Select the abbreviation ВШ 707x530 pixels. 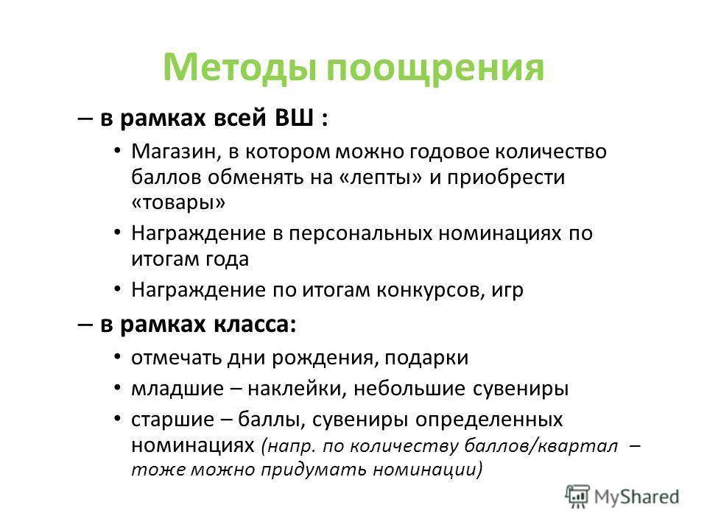(x=294, y=119)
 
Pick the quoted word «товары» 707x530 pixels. (x=178, y=202)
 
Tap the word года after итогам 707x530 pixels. (x=228, y=260)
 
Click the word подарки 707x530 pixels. (x=426, y=358)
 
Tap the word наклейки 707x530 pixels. (x=297, y=389)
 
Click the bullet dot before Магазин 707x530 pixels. (x=118, y=150)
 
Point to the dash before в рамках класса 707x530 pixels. (x=85, y=325)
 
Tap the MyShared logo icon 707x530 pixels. (x=577, y=496)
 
